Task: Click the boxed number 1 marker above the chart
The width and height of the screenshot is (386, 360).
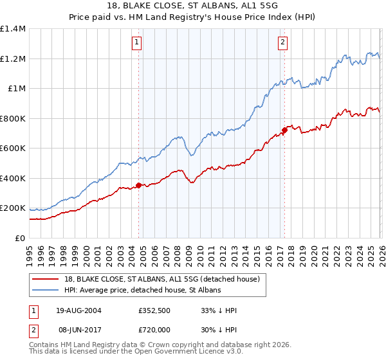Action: tap(138, 43)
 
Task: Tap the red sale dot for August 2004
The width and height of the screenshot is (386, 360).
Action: tap(138, 186)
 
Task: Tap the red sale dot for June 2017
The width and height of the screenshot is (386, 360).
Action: tap(284, 131)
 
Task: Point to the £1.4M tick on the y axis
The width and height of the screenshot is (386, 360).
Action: tap(12, 29)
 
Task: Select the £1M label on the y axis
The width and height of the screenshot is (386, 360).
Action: tap(15, 89)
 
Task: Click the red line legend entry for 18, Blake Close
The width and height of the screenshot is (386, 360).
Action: tap(161, 279)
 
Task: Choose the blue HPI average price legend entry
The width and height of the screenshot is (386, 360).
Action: tap(142, 291)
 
